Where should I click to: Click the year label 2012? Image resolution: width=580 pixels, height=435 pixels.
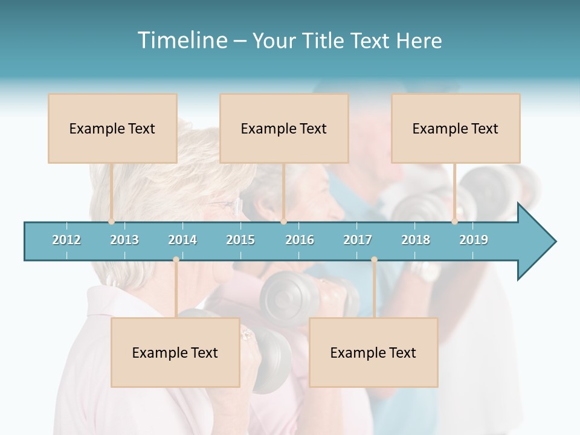[66, 240]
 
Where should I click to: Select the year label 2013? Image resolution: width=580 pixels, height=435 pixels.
[124, 240]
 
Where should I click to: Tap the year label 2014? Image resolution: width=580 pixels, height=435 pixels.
[182, 240]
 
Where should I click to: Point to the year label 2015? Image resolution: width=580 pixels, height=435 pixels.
[240, 240]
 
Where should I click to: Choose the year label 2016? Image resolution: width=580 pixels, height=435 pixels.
[300, 240]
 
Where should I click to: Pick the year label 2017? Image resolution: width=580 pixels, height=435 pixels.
[358, 240]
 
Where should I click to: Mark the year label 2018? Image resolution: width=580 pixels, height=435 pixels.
[416, 240]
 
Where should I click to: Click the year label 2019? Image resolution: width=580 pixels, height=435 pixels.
[474, 240]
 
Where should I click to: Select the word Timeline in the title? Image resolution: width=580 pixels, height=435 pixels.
[181, 40]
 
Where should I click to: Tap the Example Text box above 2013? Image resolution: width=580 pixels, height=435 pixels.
[112, 128]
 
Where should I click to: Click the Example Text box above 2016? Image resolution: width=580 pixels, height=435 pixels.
[284, 128]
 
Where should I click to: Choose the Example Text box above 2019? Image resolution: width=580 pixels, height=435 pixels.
[456, 128]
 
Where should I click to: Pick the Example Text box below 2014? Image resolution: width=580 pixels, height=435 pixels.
[175, 352]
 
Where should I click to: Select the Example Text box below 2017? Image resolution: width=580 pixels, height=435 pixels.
[373, 352]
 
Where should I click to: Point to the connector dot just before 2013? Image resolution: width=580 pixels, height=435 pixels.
[112, 222]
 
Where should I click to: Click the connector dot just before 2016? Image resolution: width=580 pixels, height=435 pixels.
[283, 222]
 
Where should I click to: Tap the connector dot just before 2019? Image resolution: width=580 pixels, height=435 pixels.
[455, 222]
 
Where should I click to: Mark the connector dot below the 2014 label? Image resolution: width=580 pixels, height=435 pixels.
[176, 260]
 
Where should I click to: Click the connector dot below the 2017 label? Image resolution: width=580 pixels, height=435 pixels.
[374, 260]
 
